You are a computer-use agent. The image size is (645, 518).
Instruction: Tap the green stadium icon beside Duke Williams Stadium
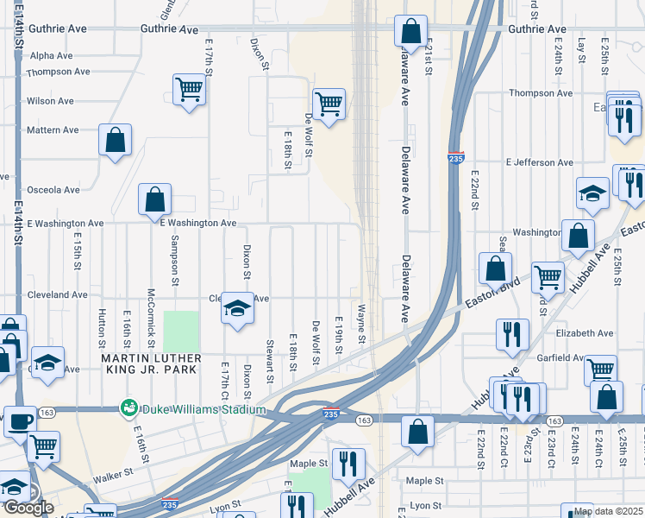[129, 406]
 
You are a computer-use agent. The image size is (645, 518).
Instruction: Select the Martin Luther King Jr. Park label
[151, 363]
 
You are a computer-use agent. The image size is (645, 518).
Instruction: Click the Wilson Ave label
[51, 101]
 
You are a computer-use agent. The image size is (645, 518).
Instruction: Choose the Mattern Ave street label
[53, 130]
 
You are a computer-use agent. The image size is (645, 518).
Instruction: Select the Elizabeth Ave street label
[585, 332]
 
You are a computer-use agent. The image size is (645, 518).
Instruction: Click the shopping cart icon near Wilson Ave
[189, 89]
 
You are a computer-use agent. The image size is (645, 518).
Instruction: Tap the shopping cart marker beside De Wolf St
[329, 104]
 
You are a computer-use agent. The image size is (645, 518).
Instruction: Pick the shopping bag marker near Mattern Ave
[115, 140]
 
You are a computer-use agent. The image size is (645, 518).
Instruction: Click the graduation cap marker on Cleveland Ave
[237, 308]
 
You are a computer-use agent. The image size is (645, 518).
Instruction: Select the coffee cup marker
[20, 422]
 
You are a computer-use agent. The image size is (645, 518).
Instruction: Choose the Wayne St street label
[362, 324]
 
